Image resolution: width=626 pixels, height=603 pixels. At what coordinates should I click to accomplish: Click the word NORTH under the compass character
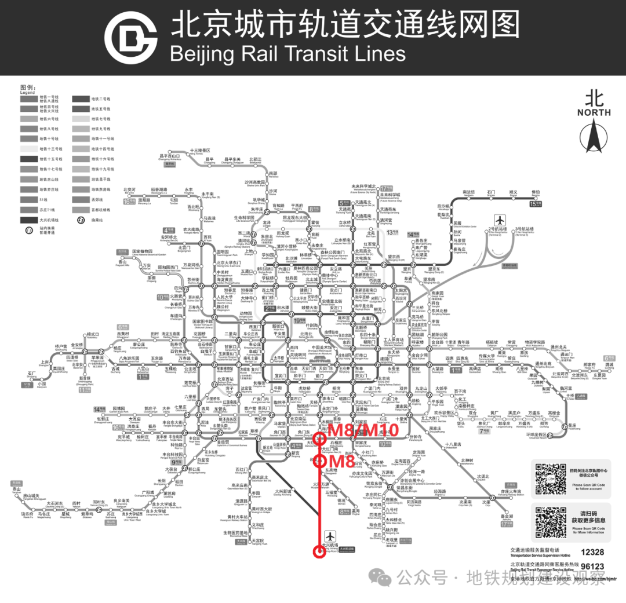pos(594,112)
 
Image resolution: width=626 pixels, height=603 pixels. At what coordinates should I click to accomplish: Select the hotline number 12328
pos(592,553)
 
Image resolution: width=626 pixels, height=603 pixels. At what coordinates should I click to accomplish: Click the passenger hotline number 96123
pos(592,567)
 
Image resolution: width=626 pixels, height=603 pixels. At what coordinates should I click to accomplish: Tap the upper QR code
pos(550,478)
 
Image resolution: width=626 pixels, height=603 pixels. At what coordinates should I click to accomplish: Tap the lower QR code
pos(550,522)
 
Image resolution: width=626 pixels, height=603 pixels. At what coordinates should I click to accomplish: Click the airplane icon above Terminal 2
pos(500,220)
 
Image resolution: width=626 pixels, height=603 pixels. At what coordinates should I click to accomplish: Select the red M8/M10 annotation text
pos(363,430)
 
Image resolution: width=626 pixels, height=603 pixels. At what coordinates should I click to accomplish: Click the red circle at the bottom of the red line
pos(318,551)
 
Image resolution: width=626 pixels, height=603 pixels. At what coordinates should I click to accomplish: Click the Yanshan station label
pos(13,490)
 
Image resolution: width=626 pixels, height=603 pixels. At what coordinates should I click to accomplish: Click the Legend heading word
pos(28,93)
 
